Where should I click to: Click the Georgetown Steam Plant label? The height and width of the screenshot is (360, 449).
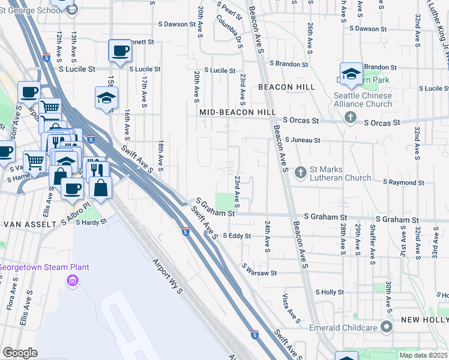(x=53, y=267)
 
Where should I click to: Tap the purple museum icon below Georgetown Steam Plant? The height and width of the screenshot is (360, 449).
(x=73, y=280)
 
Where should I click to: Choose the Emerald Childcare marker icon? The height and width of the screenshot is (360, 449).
(x=387, y=328)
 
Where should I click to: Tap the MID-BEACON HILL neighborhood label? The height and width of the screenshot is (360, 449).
(x=237, y=112)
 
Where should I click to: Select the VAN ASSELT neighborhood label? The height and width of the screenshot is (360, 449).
(x=26, y=224)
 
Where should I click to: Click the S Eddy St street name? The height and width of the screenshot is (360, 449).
(x=237, y=236)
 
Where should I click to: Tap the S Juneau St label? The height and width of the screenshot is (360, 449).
(x=303, y=140)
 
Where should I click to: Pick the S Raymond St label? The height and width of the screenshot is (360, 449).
(x=404, y=182)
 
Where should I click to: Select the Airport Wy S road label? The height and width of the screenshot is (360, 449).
(x=167, y=276)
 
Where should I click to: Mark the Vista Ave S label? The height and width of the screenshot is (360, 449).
(x=291, y=308)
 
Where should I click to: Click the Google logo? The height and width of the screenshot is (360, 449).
(x=20, y=353)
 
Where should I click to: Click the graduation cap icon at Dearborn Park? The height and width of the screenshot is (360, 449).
(x=351, y=73)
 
